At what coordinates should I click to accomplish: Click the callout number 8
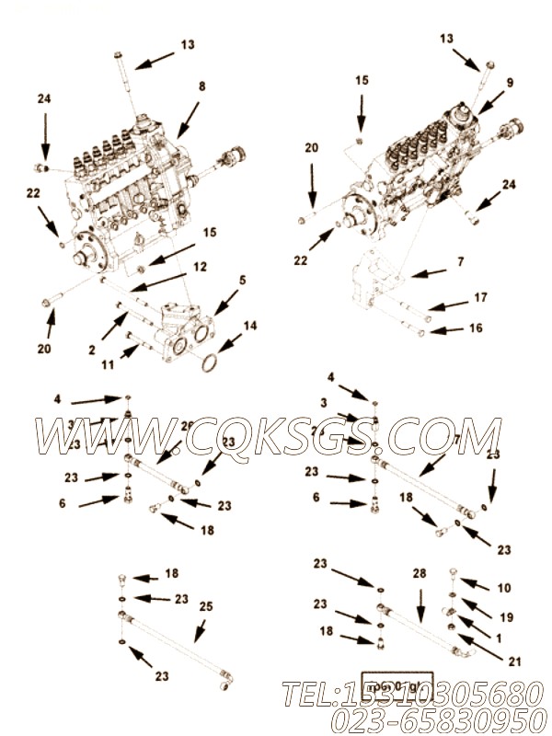[x=201, y=87]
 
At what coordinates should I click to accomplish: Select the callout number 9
[x=510, y=82]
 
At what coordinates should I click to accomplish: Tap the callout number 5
[x=243, y=280]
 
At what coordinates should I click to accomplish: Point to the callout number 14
[x=251, y=326]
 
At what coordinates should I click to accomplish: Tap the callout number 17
[x=480, y=296]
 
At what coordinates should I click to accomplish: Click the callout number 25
[x=206, y=607]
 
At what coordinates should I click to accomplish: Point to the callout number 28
[x=420, y=573]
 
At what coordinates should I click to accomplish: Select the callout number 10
[x=503, y=587]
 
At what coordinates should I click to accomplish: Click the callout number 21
[x=501, y=660]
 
